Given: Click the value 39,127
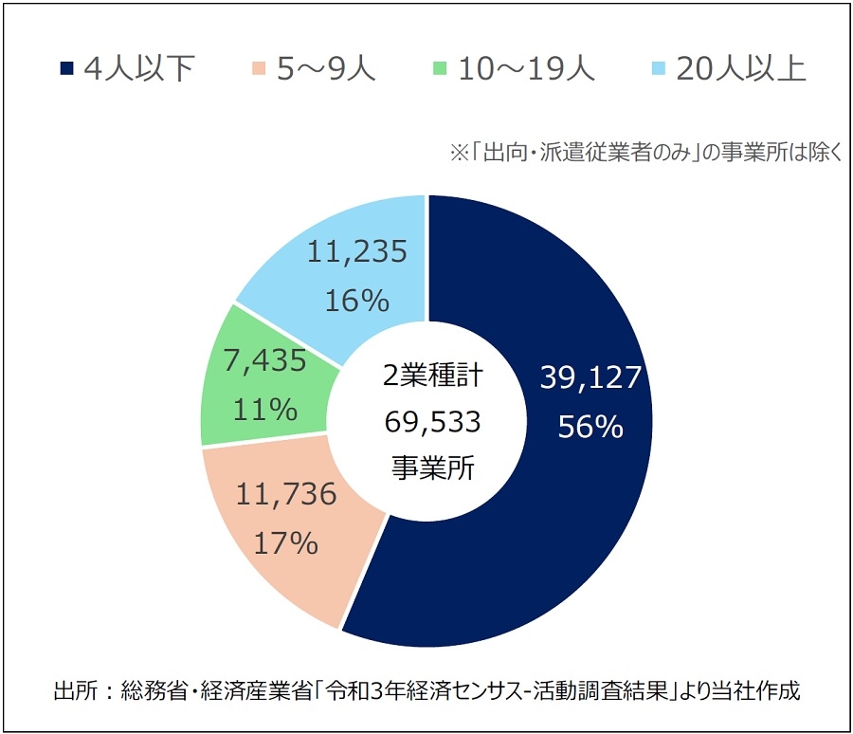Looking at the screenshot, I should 591,378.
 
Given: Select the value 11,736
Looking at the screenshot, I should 284,494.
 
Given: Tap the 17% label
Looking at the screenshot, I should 284,543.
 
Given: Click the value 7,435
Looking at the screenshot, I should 266,361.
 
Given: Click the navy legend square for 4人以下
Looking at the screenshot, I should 65,68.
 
